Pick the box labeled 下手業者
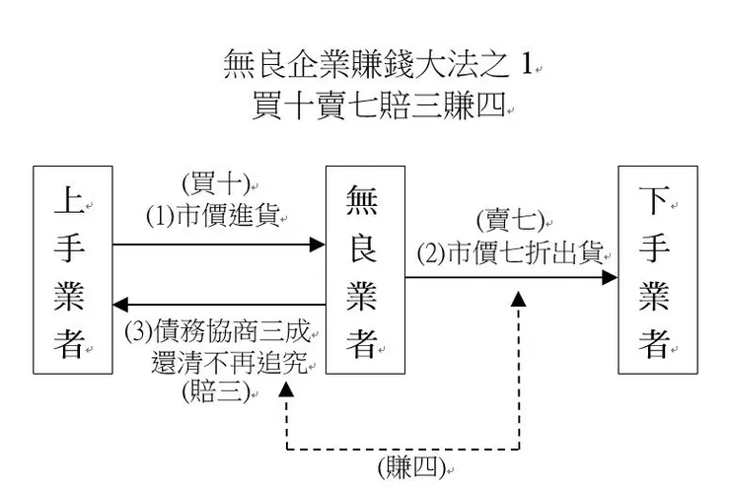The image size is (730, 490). (656, 270)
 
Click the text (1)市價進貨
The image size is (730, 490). (213, 214)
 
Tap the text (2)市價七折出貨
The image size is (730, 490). (509, 252)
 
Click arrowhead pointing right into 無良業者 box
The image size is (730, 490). (318, 244)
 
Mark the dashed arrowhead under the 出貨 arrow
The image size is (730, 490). (518, 298)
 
